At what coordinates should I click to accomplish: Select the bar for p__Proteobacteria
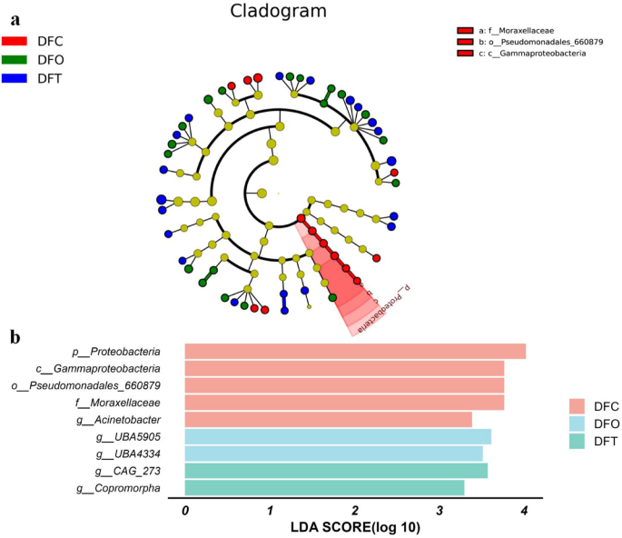(x=355, y=352)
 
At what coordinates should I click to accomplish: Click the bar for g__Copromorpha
(x=324, y=487)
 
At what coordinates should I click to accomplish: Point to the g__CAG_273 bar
(x=336, y=470)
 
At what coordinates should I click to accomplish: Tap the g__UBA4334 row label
(x=127, y=453)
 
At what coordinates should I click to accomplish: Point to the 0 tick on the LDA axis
(x=185, y=511)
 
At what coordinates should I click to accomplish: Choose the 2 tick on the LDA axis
(x=355, y=511)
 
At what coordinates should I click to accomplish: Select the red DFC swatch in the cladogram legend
(x=15, y=41)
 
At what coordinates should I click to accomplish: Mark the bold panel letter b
(x=15, y=336)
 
